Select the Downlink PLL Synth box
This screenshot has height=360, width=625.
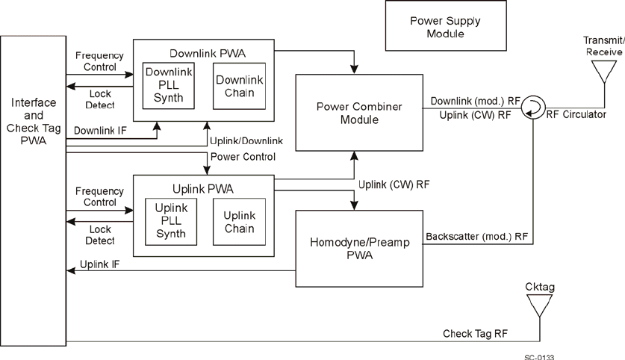click(x=170, y=86)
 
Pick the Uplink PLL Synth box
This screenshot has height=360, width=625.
click(x=170, y=222)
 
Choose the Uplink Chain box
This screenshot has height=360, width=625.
click(x=239, y=222)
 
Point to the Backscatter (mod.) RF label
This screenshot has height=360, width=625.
click(x=477, y=237)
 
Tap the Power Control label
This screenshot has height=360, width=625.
click(x=243, y=157)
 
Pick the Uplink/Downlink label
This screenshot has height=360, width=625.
click(x=246, y=141)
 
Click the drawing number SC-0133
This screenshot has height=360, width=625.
click(x=539, y=356)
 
